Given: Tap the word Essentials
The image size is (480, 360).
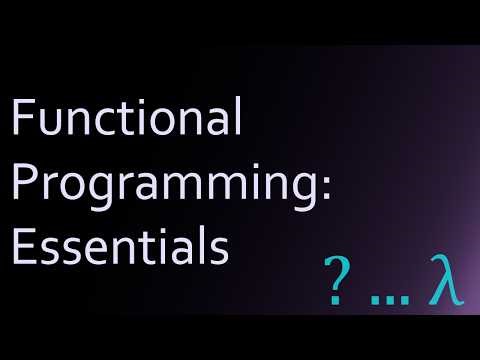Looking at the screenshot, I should click(x=118, y=247).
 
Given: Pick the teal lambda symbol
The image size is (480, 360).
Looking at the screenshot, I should click(x=443, y=283).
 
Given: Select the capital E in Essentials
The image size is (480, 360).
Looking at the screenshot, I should click(x=22, y=247).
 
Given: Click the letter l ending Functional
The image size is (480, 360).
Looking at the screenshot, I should click(x=237, y=120).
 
